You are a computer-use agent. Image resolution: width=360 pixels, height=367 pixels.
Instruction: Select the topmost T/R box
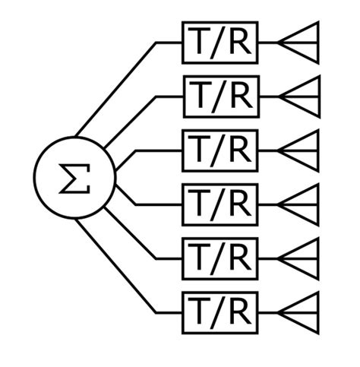click(x=219, y=43)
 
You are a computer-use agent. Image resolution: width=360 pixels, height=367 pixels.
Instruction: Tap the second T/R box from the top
click(x=219, y=96)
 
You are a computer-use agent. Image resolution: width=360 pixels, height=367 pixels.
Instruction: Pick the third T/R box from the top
click(x=219, y=150)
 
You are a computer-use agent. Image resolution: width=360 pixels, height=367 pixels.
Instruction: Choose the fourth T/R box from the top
click(x=219, y=204)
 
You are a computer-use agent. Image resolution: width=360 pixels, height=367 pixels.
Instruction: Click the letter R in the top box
click(x=239, y=43)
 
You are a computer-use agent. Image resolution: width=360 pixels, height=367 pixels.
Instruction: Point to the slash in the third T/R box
click(x=219, y=150)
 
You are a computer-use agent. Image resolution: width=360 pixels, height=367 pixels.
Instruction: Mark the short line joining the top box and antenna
click(x=267, y=43)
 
